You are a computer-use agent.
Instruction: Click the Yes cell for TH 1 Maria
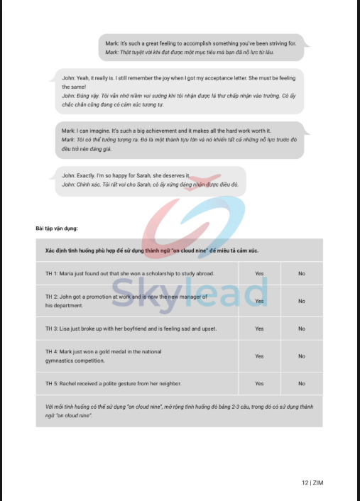pos(259,273)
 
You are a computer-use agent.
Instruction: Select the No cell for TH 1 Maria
pos(302,273)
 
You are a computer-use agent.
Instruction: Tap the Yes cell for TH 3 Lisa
pos(259,329)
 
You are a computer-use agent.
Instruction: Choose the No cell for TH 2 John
pos(302,301)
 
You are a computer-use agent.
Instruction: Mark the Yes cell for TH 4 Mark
pos(259,356)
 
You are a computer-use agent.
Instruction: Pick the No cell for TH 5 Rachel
pos(302,384)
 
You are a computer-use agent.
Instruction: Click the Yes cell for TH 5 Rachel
pos(259,384)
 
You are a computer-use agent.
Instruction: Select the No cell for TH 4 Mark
pos(302,356)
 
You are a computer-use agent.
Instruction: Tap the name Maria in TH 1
pos(67,273)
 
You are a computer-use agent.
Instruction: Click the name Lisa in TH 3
pos(65,329)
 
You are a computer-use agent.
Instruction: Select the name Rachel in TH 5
pos(70,384)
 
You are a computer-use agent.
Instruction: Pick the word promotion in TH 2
pos(97,296)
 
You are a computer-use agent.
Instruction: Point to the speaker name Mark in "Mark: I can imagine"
pos(68,131)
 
